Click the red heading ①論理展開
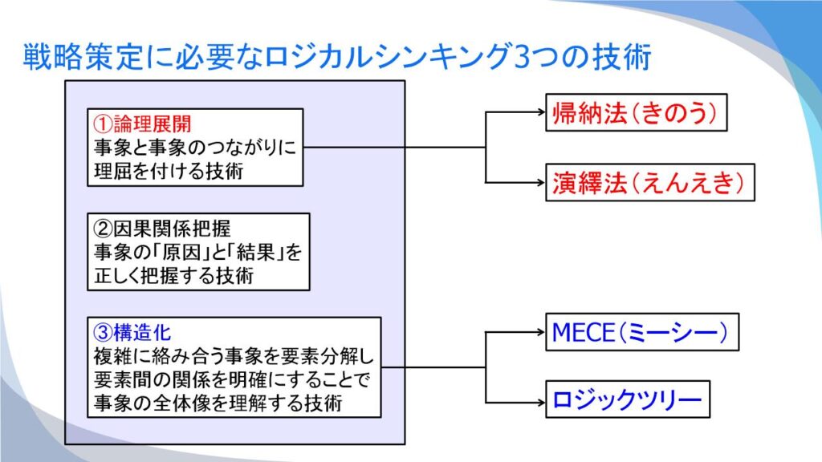coord(142,124)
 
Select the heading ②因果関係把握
coord(162,229)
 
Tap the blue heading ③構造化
coord(132,332)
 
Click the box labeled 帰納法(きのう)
coord(637,112)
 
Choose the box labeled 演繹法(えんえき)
coord(650,182)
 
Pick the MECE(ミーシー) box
coord(642,332)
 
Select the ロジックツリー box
coord(628,399)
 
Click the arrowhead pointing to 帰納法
coord(542,111)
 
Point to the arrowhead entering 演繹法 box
coord(542,182)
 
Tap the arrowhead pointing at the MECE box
coord(542,331)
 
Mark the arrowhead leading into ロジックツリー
coord(542,403)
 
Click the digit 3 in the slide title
coord(523,57)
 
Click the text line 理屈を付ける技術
coord(169,171)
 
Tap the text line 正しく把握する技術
coord(173,275)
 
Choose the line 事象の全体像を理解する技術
coord(218,403)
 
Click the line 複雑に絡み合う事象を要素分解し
coord(234,356)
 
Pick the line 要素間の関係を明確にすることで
coord(232,379)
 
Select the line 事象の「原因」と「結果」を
coord(198,252)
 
